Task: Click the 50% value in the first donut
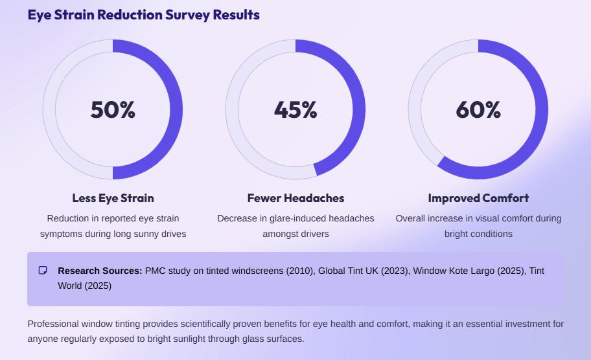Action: click(x=113, y=110)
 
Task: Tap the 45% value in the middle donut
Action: click(x=295, y=110)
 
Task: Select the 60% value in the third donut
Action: click(x=478, y=110)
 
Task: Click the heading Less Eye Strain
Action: click(x=113, y=198)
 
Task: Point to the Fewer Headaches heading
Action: click(x=295, y=198)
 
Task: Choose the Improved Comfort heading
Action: click(x=478, y=198)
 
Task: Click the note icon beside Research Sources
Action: click(x=43, y=271)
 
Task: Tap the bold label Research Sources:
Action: click(x=100, y=271)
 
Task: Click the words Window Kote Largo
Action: click(x=446, y=271)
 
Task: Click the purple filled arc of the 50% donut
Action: click(x=176, y=110)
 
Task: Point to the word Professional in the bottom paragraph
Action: click(x=54, y=324)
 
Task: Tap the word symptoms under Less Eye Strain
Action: click(x=61, y=234)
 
